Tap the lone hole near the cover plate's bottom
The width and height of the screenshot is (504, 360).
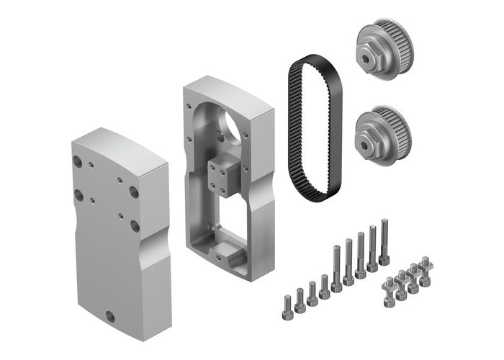[110, 315]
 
